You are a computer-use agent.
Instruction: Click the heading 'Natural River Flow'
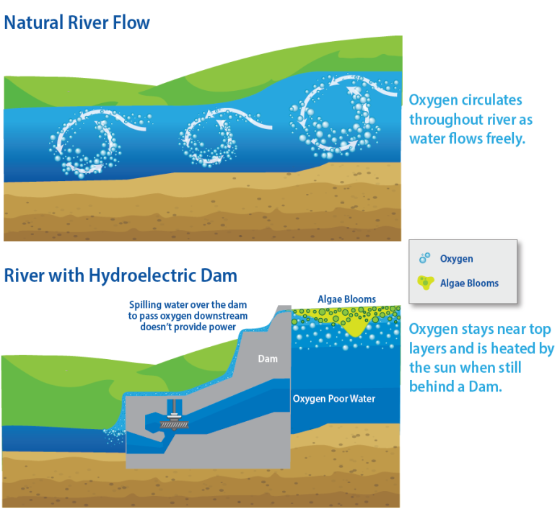(77, 22)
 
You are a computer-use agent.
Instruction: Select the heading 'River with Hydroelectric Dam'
(121, 275)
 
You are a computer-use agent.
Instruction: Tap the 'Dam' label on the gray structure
(268, 358)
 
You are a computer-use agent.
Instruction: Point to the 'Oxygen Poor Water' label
(334, 399)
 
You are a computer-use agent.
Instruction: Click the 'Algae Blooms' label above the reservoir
(346, 299)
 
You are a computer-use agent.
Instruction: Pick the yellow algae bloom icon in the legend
(426, 283)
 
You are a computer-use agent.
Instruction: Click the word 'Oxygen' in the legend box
(456, 259)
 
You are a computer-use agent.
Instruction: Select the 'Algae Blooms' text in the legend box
(469, 283)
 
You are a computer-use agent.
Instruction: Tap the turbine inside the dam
(174, 419)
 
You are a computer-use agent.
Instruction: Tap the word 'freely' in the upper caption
(502, 138)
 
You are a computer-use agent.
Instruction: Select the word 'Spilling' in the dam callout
(146, 305)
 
